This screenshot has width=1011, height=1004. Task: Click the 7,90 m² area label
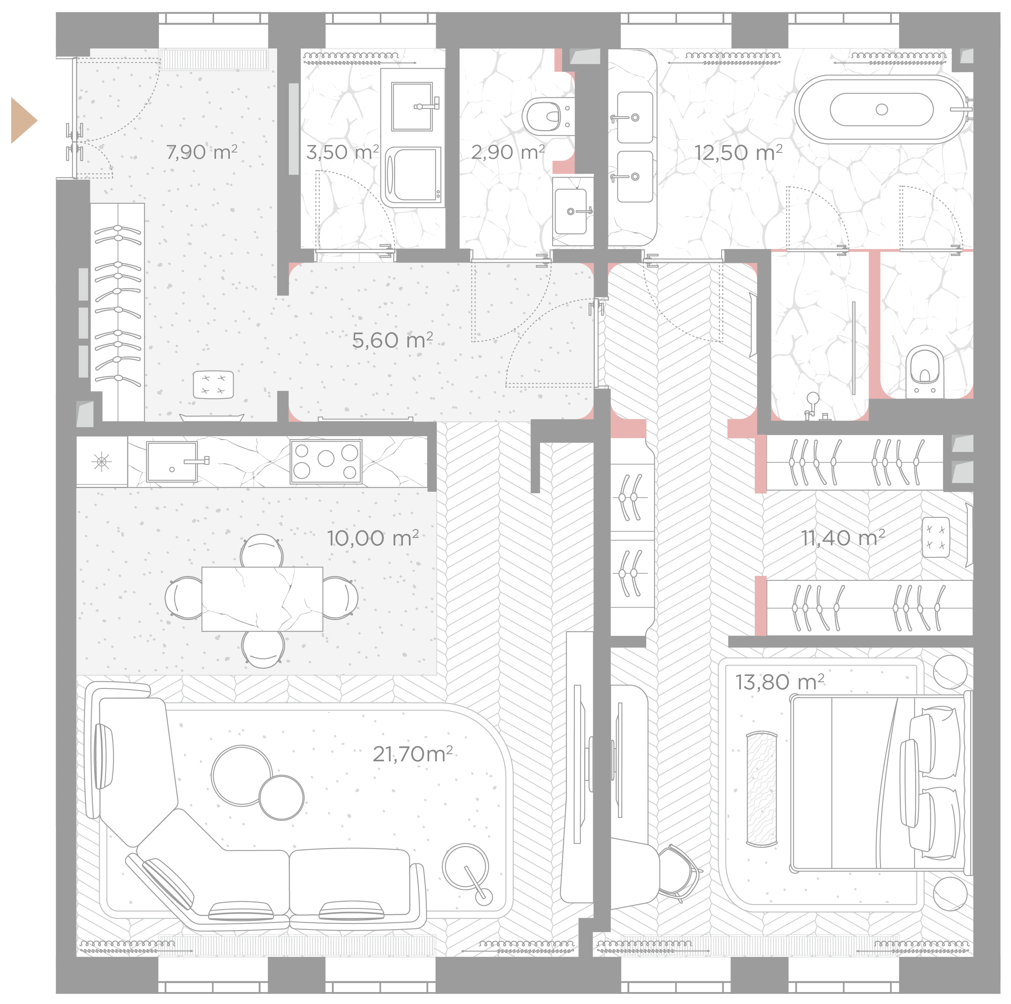pos(201,152)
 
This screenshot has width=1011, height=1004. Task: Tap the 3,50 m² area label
pos(342,152)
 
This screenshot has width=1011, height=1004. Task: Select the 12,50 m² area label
pos(738,153)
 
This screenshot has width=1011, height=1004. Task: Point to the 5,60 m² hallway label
pos(392,340)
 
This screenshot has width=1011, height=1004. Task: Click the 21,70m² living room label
pos(412,754)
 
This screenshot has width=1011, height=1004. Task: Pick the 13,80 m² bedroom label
pos(780,682)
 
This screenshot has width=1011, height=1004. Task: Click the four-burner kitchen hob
pos(326,461)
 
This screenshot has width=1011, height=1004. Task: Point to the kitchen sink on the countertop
pos(173,462)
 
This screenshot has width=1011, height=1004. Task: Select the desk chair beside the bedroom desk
pos(679,873)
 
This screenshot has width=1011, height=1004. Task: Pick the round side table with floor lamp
pos(466,868)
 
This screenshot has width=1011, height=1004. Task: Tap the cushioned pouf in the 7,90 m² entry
pos(213,384)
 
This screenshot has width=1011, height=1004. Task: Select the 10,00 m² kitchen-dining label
pos(373,538)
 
